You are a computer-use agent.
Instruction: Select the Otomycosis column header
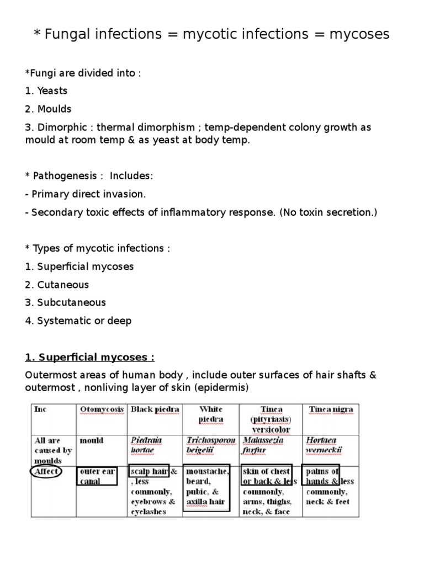99,409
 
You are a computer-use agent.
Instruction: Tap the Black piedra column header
154,409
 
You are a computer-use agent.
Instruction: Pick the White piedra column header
210,414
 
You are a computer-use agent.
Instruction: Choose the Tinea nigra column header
331,409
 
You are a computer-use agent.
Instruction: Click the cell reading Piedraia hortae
146,445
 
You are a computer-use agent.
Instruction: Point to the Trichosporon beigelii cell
210,445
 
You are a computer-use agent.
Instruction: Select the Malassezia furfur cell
263,445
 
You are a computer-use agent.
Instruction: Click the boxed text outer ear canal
97,476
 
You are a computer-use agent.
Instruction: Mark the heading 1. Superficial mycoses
89,357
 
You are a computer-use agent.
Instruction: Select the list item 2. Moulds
49,109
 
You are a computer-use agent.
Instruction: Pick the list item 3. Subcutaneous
66,302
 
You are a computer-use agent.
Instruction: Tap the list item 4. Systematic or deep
78,321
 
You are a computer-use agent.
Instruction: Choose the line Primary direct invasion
86,194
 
